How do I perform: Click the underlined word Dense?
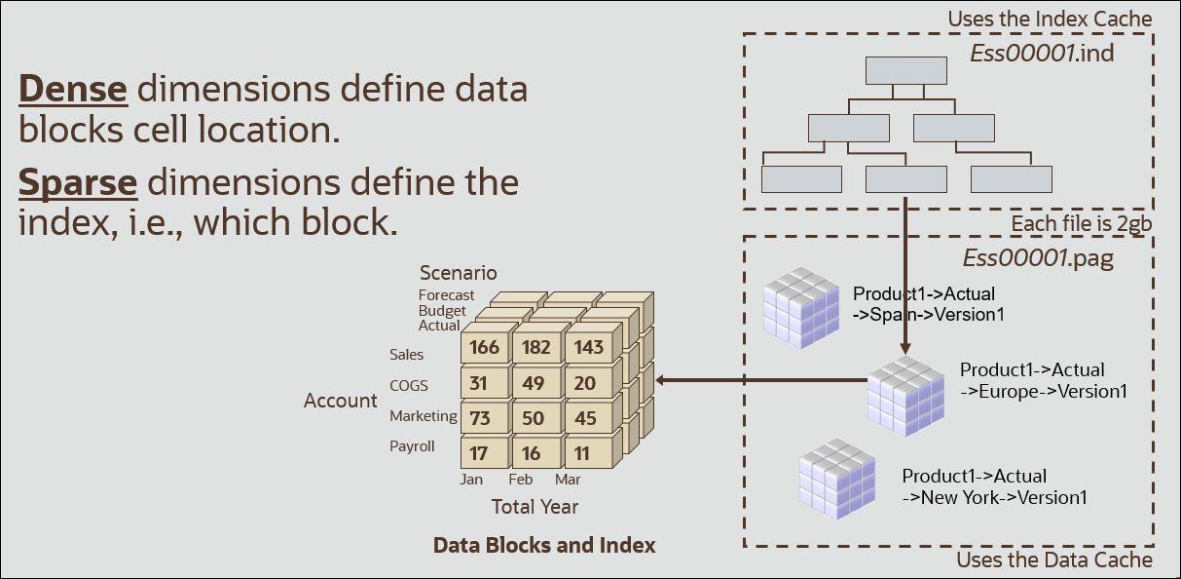point(73,89)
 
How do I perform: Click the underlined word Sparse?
point(78,182)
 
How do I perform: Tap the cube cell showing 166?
point(484,347)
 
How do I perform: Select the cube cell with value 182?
point(535,347)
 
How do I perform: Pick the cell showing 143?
point(588,347)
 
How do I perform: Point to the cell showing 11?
point(582,453)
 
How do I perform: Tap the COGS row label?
point(409,385)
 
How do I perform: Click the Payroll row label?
point(412,446)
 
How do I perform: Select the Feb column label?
point(521,480)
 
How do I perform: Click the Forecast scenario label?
point(446,295)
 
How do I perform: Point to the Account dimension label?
point(340,401)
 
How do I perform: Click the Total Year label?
point(535,506)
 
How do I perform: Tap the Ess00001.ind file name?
point(1042,53)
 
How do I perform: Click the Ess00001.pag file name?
point(1038,258)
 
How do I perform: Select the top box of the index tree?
point(906,70)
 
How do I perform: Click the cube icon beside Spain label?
point(800,306)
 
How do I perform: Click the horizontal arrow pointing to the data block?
point(759,380)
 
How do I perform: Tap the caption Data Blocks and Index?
point(544,545)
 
